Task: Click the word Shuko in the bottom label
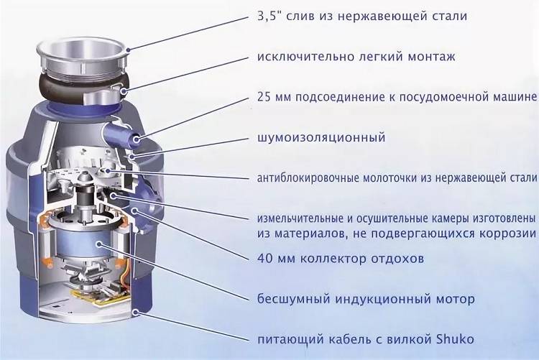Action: (455, 339)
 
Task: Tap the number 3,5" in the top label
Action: (269, 16)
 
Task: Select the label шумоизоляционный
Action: (321, 138)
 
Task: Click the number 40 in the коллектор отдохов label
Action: (264, 258)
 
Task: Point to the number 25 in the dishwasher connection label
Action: (264, 97)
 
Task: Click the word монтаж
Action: (431, 57)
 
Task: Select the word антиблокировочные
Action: (308, 178)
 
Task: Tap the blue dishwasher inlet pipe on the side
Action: (121, 134)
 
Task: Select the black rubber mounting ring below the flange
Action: (81, 88)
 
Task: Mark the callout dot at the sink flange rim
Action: (128, 50)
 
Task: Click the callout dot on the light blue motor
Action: (99, 244)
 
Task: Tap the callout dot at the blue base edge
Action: (137, 312)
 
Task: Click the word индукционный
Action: (382, 299)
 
